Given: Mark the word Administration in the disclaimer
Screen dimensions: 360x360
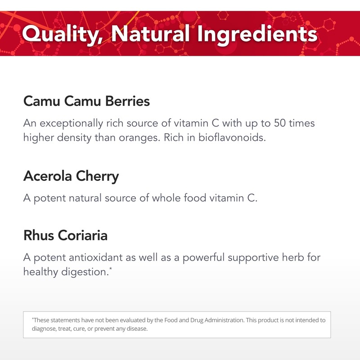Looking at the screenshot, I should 216,320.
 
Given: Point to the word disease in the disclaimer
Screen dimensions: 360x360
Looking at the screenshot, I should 137,329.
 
